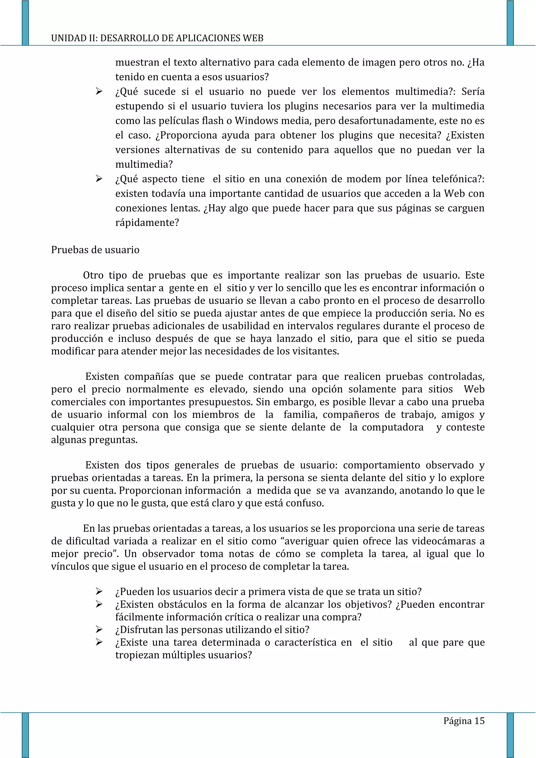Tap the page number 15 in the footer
click(x=479, y=721)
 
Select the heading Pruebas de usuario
click(x=95, y=250)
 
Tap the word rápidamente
click(x=147, y=223)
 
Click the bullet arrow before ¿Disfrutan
click(x=99, y=629)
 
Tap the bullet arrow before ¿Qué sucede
click(x=99, y=91)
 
